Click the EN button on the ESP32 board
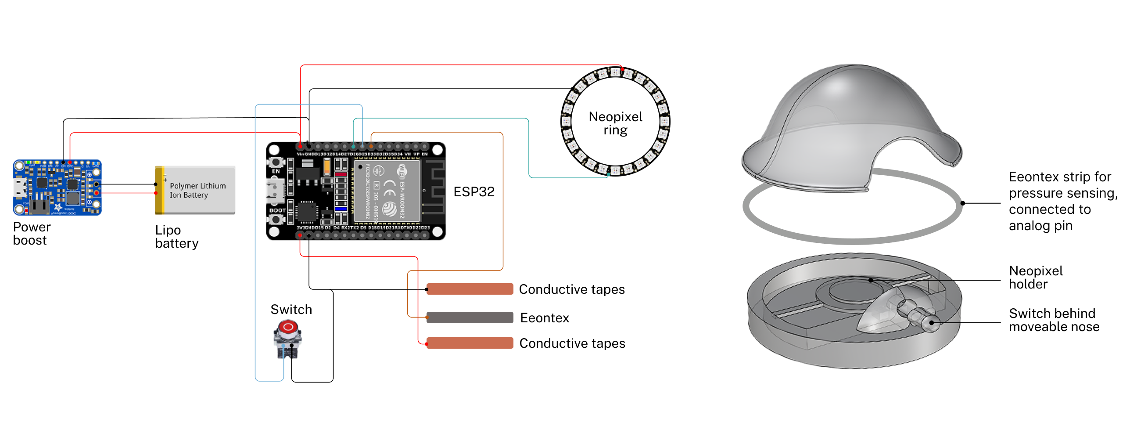click(275, 162)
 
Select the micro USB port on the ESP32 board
click(273, 191)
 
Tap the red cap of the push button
click(288, 327)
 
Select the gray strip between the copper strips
click(470, 318)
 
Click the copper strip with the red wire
click(470, 343)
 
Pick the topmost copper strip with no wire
click(470, 289)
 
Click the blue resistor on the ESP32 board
click(341, 209)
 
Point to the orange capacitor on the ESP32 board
click(327, 166)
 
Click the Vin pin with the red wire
click(301, 146)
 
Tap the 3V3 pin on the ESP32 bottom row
click(300, 235)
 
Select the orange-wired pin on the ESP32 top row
click(371, 146)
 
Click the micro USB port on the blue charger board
click(20, 188)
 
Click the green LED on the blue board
click(29, 162)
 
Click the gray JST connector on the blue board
click(39, 207)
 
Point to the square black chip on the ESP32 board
click(307, 212)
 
